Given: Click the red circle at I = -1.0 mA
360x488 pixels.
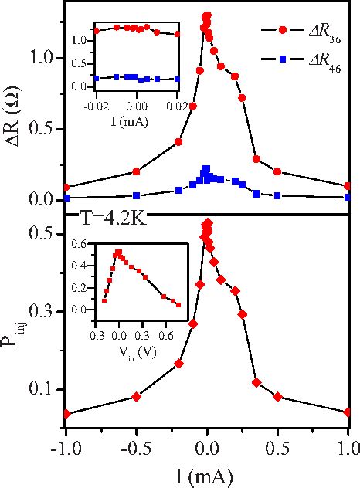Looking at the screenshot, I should [x=66, y=187].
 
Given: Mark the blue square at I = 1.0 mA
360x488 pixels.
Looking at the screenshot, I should [x=348, y=197].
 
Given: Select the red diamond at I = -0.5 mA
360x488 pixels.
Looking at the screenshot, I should [x=137, y=396].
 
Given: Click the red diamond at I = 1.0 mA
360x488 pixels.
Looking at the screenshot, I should [x=348, y=412].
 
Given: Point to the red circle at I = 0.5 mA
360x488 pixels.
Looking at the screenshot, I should [x=277, y=171].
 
